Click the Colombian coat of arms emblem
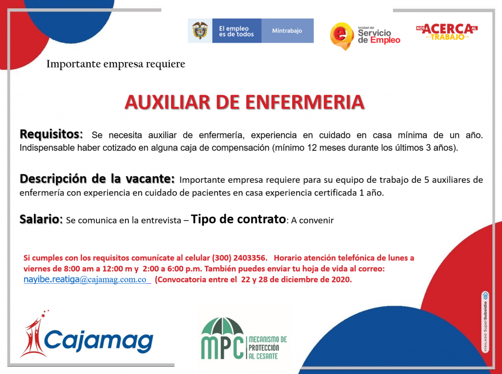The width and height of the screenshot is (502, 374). click(200, 30)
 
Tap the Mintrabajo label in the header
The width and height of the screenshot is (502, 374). click(287, 31)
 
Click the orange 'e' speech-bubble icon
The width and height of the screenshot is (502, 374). click(342, 36)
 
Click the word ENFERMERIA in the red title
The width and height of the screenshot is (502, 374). click(305, 102)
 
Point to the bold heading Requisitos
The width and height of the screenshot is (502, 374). click(51, 134)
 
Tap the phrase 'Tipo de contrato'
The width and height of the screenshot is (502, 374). click(238, 219)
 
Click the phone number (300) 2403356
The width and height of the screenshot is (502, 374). click(239, 258)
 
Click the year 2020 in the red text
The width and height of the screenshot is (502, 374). click(341, 279)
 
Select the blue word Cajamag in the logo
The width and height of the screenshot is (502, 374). click(99, 340)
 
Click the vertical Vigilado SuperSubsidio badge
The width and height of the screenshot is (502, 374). click(485, 322)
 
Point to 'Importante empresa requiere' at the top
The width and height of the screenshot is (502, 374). click(116, 64)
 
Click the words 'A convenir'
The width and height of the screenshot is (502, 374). click(312, 220)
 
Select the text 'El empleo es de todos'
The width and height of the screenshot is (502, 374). click(236, 31)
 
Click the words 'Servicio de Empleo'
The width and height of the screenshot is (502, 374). click(379, 36)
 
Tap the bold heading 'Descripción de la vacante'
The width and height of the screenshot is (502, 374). click(98, 179)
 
